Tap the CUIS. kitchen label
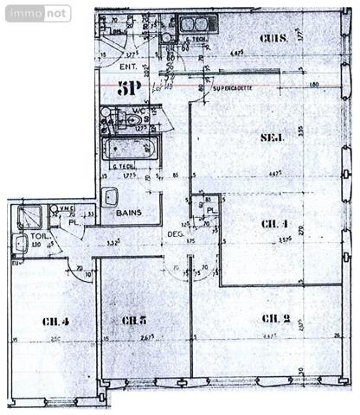275,39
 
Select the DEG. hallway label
177,233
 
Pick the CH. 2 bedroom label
274,319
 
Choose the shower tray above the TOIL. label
31,215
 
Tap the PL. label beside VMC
75,221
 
